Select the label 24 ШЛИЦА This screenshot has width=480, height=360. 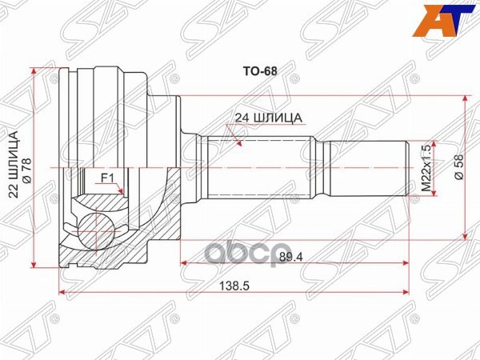coord(267,118)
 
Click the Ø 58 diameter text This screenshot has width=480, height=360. coord(458,166)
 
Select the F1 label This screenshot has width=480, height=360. coord(108,178)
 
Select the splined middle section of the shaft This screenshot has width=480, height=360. coord(260,168)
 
